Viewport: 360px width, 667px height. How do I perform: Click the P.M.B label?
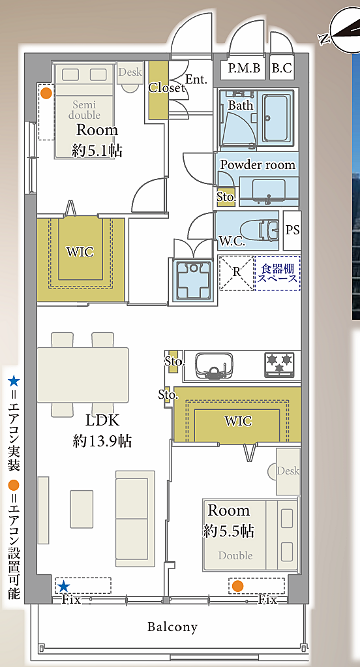(243, 68)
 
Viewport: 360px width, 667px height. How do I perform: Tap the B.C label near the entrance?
(282, 68)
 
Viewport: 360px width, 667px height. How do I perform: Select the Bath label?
(241, 105)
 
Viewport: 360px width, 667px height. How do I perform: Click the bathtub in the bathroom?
(278, 118)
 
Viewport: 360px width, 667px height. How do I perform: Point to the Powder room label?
(258, 165)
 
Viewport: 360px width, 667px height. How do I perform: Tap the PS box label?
(292, 230)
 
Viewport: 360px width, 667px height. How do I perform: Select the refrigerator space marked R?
(236, 273)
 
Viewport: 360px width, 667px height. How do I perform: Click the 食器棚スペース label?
(278, 273)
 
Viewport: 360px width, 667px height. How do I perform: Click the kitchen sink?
(214, 365)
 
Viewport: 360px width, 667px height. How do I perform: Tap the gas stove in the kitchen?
(280, 365)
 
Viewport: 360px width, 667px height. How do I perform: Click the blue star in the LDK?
(64, 586)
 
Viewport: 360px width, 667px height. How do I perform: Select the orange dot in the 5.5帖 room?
(237, 586)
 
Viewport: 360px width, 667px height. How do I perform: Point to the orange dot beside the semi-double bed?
(46, 93)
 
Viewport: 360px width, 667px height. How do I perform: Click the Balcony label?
(173, 627)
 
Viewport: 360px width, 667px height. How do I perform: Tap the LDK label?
(102, 421)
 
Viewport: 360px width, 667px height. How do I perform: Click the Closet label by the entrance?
(166, 87)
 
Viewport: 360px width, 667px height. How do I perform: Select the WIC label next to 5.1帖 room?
(80, 252)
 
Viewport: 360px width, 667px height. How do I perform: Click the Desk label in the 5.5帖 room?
(288, 471)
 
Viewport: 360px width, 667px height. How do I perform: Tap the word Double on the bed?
(235, 555)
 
